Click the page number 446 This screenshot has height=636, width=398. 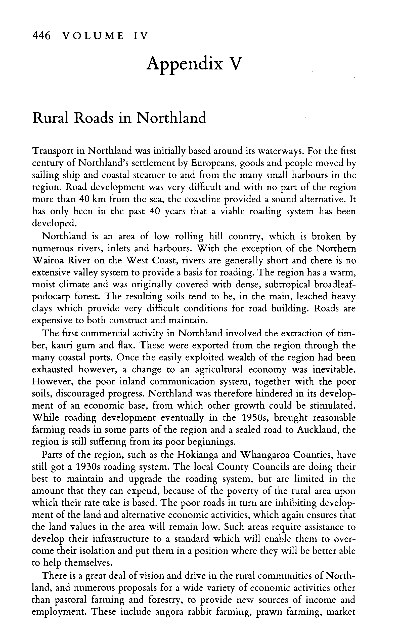(x=41, y=35)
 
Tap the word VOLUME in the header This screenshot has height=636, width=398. (x=93, y=35)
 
